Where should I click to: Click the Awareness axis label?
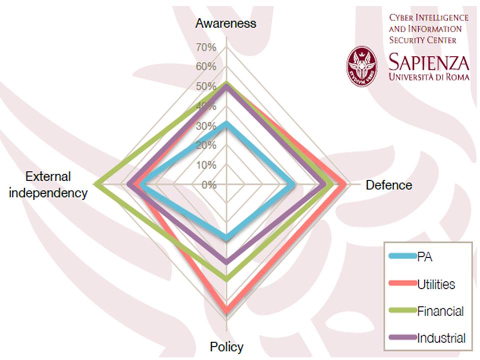click(226, 23)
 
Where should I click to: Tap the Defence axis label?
click(389, 185)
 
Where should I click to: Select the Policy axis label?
click(226, 347)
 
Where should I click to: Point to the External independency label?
click(48, 184)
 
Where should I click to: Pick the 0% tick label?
click(209, 185)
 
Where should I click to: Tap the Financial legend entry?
click(440, 311)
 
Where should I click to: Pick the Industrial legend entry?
click(441, 338)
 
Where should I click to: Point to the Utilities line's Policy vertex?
click(226, 313)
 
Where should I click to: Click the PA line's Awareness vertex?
click(226, 123)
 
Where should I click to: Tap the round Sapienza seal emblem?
click(363, 66)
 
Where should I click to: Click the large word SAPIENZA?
click(429, 63)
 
